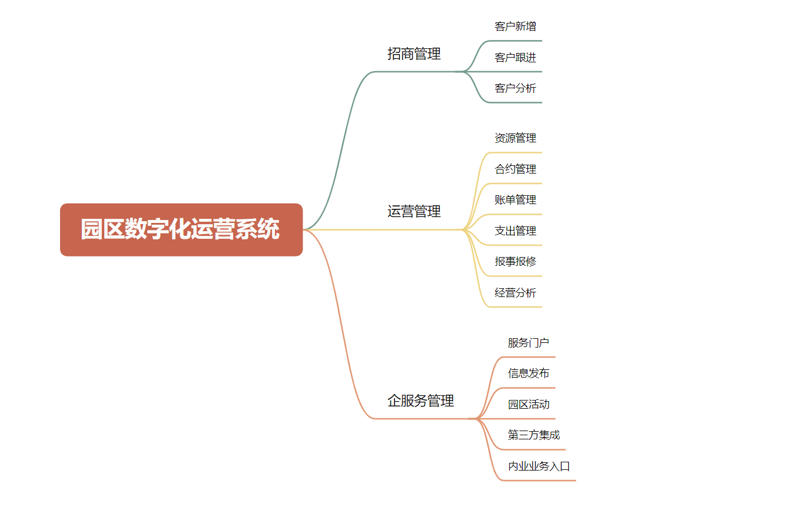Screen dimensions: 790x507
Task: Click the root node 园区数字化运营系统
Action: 181,229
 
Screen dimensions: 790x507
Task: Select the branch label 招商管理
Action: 414,54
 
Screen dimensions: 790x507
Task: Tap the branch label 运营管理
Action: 414,211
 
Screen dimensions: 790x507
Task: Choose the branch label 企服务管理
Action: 421,401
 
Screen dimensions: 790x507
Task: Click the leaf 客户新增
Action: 515,26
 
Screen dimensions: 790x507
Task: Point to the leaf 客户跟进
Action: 515,57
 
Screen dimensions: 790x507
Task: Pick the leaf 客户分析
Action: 515,88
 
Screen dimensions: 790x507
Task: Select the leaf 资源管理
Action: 515,138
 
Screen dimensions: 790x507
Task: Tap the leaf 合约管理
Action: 515,169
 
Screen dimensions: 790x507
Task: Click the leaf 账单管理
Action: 515,200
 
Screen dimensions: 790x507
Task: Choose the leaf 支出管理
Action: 515,231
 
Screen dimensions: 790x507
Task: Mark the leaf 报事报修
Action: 515,261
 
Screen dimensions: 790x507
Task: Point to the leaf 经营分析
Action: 515,292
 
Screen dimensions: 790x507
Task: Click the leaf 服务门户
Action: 528,342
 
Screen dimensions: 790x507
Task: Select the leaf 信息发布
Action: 528,373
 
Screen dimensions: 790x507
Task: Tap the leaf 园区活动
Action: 528,404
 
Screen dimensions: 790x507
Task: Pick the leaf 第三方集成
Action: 533,435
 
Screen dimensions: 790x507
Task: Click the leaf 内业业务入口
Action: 539,466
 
